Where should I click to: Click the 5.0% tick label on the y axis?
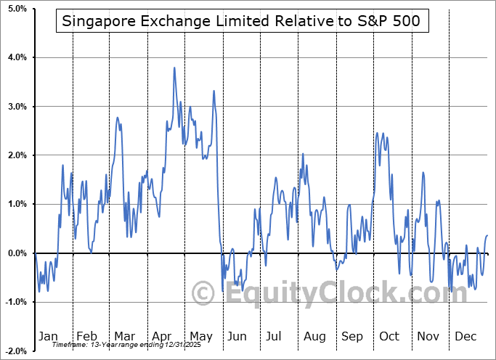click(x=17, y=9)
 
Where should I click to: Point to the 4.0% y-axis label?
click(x=17, y=57)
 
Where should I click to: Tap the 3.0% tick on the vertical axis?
click(x=17, y=107)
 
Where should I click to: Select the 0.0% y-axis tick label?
click(x=17, y=253)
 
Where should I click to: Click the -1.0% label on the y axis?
click(x=16, y=302)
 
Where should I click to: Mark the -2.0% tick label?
click(x=16, y=351)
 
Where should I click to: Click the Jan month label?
click(x=48, y=336)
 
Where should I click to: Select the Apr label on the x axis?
click(x=162, y=336)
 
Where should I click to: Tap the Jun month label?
click(x=237, y=336)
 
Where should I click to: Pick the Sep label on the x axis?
click(x=352, y=336)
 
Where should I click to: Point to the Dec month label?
click(x=465, y=336)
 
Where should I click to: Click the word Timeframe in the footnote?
click(x=69, y=345)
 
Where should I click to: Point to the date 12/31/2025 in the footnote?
click(x=182, y=345)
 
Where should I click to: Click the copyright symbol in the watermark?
click(x=203, y=293)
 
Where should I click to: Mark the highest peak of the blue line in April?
click(x=174, y=67)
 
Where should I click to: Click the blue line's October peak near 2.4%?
click(x=377, y=133)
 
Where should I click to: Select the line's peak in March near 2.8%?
click(x=118, y=118)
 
